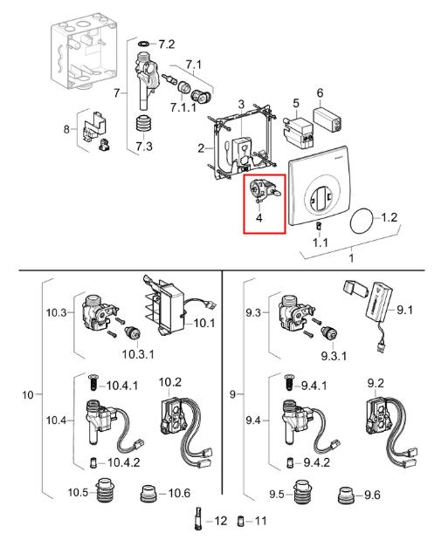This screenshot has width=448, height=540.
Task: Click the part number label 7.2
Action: pyautogui.click(x=167, y=44)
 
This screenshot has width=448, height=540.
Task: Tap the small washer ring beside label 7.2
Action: pyautogui.click(x=143, y=44)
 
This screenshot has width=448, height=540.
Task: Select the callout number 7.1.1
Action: pyautogui.click(x=183, y=107)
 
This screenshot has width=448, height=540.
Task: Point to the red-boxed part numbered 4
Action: pyautogui.click(x=265, y=190)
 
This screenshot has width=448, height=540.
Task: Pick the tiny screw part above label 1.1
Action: pyautogui.click(x=319, y=227)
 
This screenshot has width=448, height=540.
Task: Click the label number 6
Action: pyautogui.click(x=320, y=92)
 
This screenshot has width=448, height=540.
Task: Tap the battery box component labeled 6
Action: pyautogui.click(x=327, y=120)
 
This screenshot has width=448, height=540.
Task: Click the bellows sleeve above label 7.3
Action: pyautogui.click(x=142, y=125)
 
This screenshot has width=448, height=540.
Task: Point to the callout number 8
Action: pyautogui.click(x=66, y=129)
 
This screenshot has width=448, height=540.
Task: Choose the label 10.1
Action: pyautogui.click(x=204, y=323)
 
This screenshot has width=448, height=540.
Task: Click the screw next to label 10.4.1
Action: pyautogui.click(x=93, y=382)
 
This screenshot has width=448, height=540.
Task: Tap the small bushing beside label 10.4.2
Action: pyautogui.click(x=93, y=462)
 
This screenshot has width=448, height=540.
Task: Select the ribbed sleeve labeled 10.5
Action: pyautogui.click(x=105, y=489)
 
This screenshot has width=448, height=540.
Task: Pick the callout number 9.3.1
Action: pyautogui.click(x=334, y=356)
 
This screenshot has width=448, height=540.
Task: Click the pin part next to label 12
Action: pyautogui.click(x=198, y=519)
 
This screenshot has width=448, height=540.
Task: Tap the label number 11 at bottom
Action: pyautogui.click(x=261, y=521)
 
